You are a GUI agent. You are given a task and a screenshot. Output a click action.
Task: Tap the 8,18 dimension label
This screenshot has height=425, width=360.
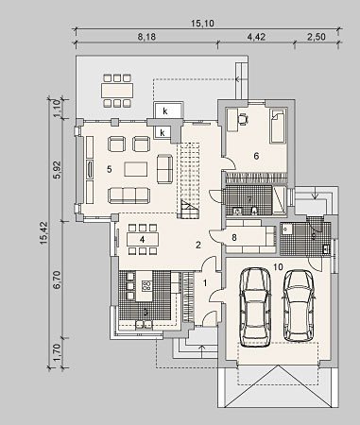click(x=146, y=37)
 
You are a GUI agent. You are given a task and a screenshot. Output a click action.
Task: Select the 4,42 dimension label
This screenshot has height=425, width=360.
click(x=256, y=37)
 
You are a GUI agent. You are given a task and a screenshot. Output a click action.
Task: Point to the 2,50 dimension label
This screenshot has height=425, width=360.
click(x=316, y=37)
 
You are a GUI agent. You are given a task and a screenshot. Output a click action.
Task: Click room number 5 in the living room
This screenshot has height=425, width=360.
click(x=109, y=169)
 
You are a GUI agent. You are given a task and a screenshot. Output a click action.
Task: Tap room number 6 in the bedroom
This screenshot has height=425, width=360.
click(x=256, y=156)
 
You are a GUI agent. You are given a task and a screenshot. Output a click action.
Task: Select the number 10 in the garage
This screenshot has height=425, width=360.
click(x=278, y=267)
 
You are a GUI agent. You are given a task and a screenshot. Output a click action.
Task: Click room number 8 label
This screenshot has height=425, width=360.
click(x=234, y=237)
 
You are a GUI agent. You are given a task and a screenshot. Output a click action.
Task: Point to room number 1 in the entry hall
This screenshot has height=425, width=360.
click(x=205, y=283)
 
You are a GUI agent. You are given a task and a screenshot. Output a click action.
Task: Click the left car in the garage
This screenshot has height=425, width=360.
click(x=255, y=307)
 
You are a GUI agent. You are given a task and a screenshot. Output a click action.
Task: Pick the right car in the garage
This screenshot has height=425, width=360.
click(x=299, y=305)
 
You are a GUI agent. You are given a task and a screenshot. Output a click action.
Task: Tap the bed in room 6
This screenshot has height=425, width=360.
click(x=279, y=126)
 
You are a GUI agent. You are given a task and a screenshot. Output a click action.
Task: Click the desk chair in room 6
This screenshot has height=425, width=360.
click(x=243, y=119)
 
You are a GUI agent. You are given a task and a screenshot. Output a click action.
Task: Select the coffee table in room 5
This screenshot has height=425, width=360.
click(x=136, y=169)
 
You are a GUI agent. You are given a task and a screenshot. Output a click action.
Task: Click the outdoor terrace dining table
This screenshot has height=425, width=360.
click(x=117, y=91)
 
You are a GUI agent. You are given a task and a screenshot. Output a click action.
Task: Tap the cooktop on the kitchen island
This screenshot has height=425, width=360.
click(x=146, y=286)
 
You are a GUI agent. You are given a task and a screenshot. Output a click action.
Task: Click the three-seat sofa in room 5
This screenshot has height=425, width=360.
click(x=129, y=195)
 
